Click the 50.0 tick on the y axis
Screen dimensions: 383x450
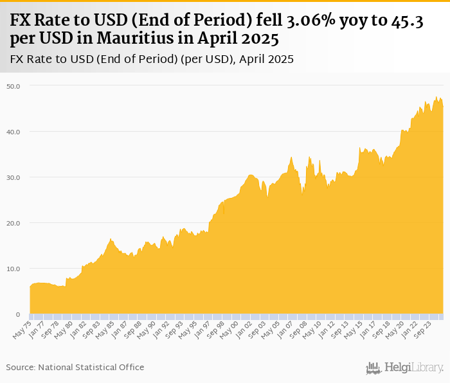[14, 85]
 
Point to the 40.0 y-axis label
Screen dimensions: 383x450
[14, 132]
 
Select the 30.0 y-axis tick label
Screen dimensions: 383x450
[14, 177]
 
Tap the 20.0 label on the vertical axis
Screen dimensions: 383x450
[14, 223]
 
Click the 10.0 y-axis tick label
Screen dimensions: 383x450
[14, 269]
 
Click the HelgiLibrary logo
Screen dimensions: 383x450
[405, 368]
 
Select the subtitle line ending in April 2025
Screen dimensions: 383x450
[152, 59]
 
